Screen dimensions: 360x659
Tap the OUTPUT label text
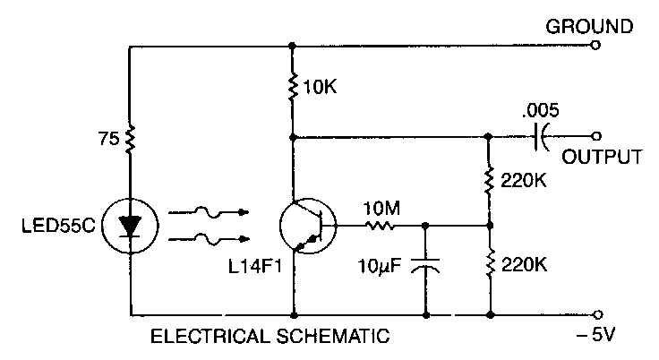click(x=602, y=158)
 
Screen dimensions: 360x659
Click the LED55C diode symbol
click(x=131, y=226)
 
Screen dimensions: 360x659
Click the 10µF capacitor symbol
click(x=424, y=268)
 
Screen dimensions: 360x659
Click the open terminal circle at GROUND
click(x=596, y=47)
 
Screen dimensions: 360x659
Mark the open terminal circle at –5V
click(x=596, y=315)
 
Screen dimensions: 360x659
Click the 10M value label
click(x=381, y=209)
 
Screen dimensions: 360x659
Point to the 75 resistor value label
click(x=107, y=140)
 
